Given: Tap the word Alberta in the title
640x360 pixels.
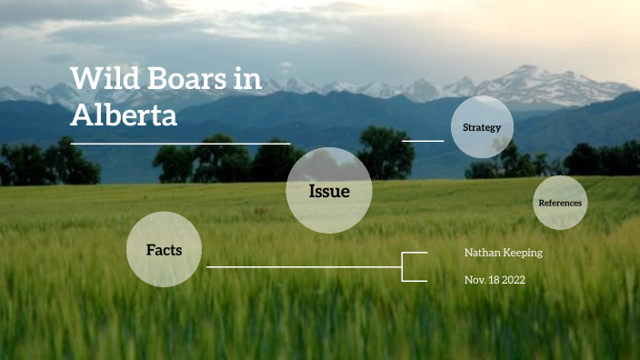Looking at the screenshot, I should coord(124,115).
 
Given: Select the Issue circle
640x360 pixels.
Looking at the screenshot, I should coord(329,191).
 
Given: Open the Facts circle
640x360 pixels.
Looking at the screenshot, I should coord(165,249).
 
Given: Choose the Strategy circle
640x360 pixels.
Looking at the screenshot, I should coord(482,127).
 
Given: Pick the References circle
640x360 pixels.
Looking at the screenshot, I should coord(560,203).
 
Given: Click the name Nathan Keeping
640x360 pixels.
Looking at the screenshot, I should coord(503,252).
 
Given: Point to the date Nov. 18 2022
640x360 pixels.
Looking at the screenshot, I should coord(495,280).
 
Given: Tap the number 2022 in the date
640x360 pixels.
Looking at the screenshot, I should coord(511,280).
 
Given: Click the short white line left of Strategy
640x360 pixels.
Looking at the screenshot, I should coord(423,141).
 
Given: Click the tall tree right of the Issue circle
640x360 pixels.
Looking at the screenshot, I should coord(386,152).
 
